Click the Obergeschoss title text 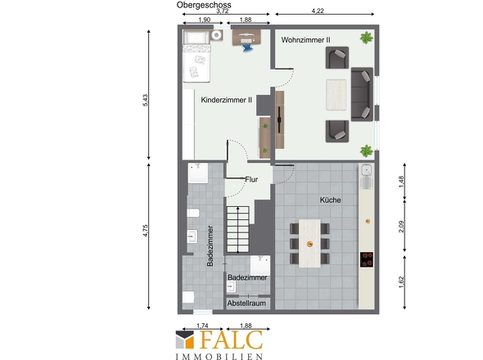click(x=204, y=5)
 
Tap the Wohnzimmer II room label click(x=305, y=40)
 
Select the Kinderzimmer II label click(x=227, y=100)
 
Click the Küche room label click(x=330, y=200)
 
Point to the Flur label click(x=251, y=179)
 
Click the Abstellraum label click(x=246, y=304)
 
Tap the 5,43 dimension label click(x=146, y=100)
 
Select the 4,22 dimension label click(x=318, y=11)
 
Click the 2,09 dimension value click(x=401, y=227)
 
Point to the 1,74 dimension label click(x=202, y=326)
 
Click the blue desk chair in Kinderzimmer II click(x=247, y=48)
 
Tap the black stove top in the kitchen click(x=367, y=259)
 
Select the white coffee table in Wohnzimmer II click(x=336, y=95)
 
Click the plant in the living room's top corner click(x=366, y=38)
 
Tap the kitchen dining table click(x=309, y=243)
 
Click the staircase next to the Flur click(x=237, y=229)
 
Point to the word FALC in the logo click(x=232, y=340)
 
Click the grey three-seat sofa click(x=362, y=94)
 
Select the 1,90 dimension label click(x=204, y=20)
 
